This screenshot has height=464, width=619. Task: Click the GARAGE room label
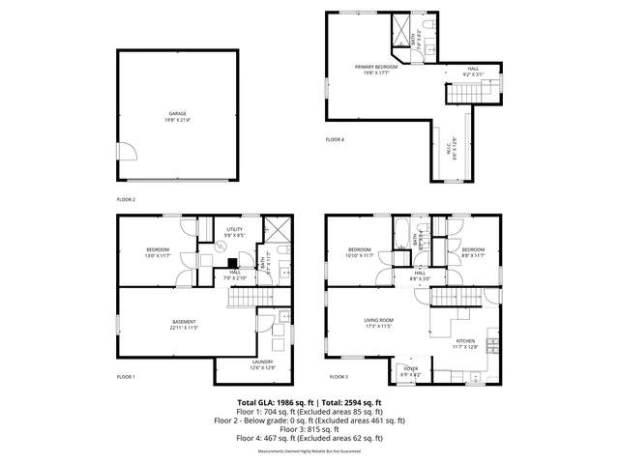pyautogui.click(x=176, y=113)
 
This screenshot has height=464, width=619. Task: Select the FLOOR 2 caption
pyautogui.click(x=127, y=199)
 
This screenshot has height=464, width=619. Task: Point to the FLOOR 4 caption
pyautogui.click(x=335, y=140)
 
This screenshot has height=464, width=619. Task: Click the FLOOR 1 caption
pyautogui.click(x=127, y=376)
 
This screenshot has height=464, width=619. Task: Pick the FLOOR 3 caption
pyautogui.click(x=338, y=376)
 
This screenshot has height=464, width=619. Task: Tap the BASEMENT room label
pyautogui.click(x=185, y=322)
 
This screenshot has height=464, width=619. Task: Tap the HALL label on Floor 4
pyautogui.click(x=473, y=69)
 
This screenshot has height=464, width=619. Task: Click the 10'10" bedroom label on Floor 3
pyautogui.click(x=360, y=249)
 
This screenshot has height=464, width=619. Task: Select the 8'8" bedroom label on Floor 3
pyautogui.click(x=473, y=249)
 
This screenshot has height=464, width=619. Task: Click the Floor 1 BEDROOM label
pyautogui.click(x=158, y=249)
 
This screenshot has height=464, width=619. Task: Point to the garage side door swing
pyautogui.click(x=126, y=151)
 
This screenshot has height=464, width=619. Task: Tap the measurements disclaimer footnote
pyautogui.click(x=309, y=451)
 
